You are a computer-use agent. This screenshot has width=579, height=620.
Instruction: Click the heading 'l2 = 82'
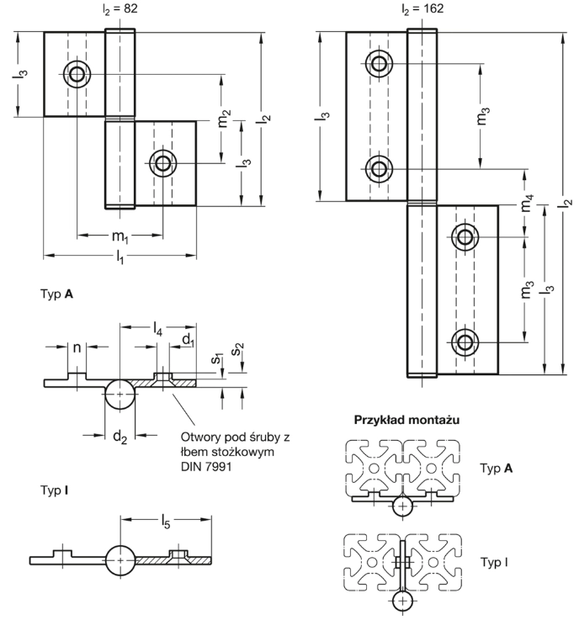120,8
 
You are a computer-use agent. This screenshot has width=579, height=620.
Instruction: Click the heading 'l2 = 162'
422,8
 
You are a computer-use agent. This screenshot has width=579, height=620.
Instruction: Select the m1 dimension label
120,236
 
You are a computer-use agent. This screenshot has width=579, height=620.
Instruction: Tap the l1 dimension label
120,257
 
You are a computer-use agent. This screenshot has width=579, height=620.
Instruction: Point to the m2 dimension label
224,119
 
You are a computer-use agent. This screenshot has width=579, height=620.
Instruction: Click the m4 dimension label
527,203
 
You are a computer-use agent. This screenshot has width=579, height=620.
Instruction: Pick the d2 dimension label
120,437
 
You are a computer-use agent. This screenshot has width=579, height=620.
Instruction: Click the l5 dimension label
165,522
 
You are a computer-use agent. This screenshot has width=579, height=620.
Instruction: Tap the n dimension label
77,347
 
